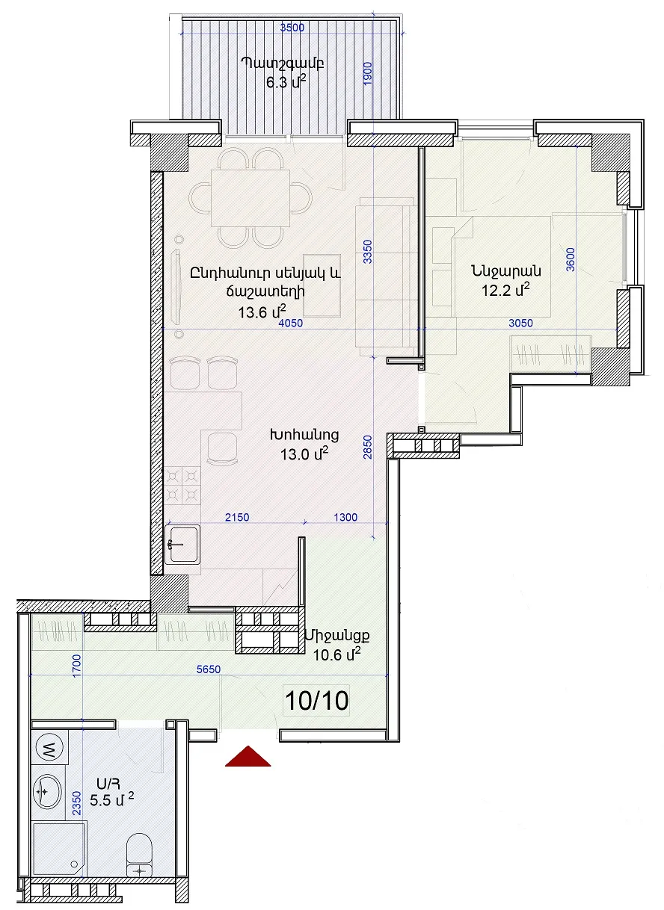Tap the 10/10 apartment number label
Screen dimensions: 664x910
(x=317, y=700)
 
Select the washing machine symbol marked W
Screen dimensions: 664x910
(x=49, y=748)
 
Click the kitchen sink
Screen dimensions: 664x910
(x=182, y=545)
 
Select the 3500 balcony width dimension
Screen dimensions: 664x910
(x=292, y=28)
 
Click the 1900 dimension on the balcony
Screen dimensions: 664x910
(x=368, y=73)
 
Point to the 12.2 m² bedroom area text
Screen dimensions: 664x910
(x=505, y=290)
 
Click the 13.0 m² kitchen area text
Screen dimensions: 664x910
(x=304, y=454)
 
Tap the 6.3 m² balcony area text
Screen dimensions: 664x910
(x=286, y=82)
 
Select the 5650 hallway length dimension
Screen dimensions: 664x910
(x=209, y=669)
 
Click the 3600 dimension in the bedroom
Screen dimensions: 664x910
(x=571, y=259)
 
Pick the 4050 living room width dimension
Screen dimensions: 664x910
(x=291, y=323)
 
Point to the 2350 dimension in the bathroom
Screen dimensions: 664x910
(x=76, y=802)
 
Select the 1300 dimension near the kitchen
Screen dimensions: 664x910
(x=345, y=517)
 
